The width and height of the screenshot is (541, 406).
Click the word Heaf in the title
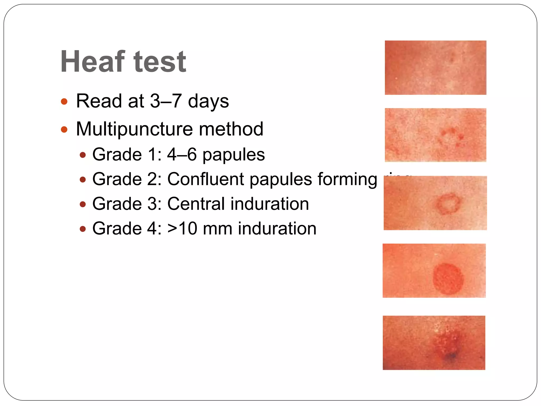pyautogui.click(x=92, y=62)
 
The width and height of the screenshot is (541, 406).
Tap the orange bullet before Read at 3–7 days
pyautogui.click(x=64, y=101)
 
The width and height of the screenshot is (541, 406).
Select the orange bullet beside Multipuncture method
pyautogui.click(x=64, y=130)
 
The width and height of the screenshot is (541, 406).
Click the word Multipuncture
pyautogui.click(x=134, y=129)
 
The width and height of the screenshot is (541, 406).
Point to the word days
pyautogui.click(x=208, y=101)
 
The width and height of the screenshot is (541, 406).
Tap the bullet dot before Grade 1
pyautogui.click(x=83, y=155)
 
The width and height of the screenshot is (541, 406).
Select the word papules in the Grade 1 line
pyautogui.click(x=234, y=155)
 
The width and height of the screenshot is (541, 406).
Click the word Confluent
pyautogui.click(x=206, y=179)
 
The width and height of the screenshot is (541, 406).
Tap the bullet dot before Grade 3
pyautogui.click(x=83, y=204)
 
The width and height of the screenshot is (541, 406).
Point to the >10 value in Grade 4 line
pyautogui.click(x=182, y=228)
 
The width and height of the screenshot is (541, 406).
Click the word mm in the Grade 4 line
pyautogui.click(x=217, y=229)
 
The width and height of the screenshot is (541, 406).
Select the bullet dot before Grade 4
pyautogui.click(x=83, y=229)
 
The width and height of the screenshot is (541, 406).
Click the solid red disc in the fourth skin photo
pyautogui.click(x=448, y=279)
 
